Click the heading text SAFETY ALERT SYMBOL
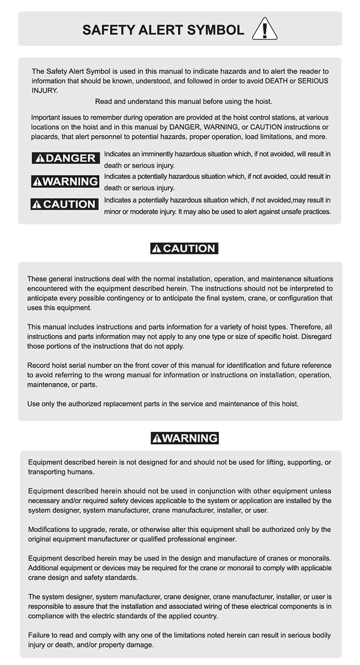click(x=163, y=30)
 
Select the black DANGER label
click(x=65, y=158)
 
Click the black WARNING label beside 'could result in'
click(x=65, y=181)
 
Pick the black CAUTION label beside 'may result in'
click(x=64, y=204)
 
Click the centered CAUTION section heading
click(x=184, y=248)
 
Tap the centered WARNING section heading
click(x=185, y=438)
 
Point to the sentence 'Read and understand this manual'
click(x=183, y=101)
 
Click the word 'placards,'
click(x=45, y=137)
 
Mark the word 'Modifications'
click(x=50, y=529)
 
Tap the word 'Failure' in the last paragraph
click(x=39, y=635)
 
